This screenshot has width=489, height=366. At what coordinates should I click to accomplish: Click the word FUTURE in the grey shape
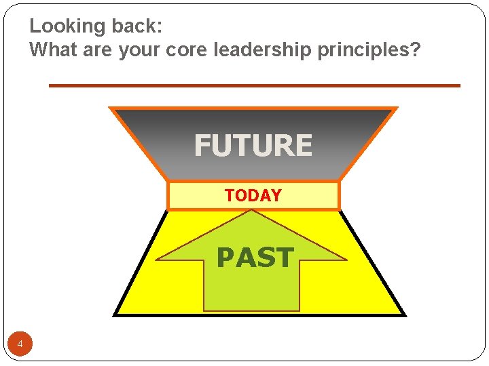(253, 146)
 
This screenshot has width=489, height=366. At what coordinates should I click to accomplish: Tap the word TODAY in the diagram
(253, 196)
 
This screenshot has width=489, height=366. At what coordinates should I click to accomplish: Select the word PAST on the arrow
(255, 258)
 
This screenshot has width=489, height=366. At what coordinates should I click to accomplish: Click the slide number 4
(20, 345)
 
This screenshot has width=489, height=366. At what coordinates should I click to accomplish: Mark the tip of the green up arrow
(252, 212)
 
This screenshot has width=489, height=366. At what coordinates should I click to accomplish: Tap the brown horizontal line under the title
(254, 85)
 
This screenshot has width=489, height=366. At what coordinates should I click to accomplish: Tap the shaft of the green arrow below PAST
(251, 291)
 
